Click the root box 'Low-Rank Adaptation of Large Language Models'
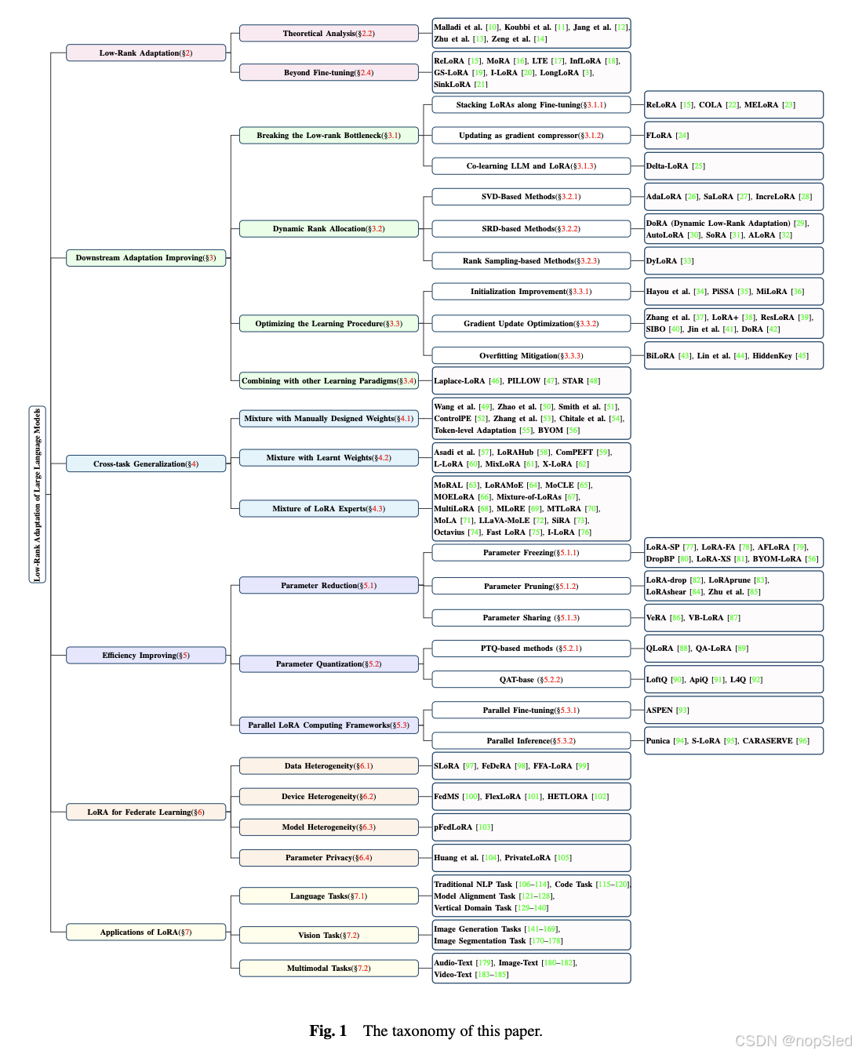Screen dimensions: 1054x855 tap(37, 495)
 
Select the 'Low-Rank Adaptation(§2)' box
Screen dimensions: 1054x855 tap(146, 53)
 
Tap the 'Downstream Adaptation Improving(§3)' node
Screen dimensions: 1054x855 tap(146, 258)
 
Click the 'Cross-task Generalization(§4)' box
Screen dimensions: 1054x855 tap(146, 464)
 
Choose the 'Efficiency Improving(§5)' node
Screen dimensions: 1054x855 tap(146, 656)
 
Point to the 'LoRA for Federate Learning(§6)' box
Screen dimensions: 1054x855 tap(146, 812)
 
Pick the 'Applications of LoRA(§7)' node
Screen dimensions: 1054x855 tap(146, 932)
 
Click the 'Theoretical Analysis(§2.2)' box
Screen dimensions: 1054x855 tap(329, 34)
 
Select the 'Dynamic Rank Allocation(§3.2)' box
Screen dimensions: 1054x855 tap(329, 229)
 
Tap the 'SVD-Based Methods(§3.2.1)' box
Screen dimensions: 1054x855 tap(531, 197)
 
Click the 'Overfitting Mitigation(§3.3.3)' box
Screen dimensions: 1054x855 tap(531, 356)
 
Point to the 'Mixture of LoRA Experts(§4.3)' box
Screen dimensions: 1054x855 tap(329, 509)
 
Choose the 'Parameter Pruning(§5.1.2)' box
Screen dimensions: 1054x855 tap(531, 587)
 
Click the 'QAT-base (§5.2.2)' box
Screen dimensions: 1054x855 tap(531, 680)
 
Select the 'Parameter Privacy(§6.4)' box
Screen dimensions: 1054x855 tap(329, 858)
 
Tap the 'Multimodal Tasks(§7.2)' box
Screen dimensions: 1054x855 tap(329, 969)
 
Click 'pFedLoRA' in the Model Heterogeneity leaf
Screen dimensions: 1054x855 tap(453, 827)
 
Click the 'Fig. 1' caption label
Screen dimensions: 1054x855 tap(328, 1031)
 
